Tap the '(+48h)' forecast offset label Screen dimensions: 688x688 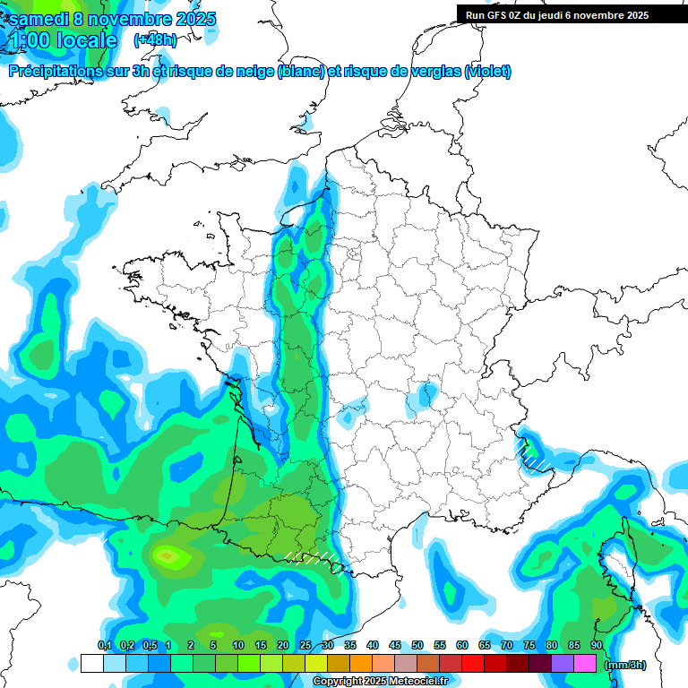(155, 39)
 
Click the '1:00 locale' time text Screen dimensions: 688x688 (63, 40)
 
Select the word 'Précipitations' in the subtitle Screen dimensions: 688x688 (56, 72)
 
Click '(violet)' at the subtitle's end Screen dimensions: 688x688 (487, 72)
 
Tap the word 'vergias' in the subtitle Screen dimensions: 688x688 (430, 72)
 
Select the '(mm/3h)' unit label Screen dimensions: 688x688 (625, 664)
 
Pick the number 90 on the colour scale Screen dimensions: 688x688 (596, 645)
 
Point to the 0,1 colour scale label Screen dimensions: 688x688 (105, 645)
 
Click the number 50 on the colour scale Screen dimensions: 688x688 (417, 645)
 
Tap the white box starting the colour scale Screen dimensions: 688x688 (91, 664)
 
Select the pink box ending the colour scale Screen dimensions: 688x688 (585, 664)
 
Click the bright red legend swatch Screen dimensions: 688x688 (473, 664)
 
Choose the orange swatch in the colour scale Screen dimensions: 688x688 (361, 664)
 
